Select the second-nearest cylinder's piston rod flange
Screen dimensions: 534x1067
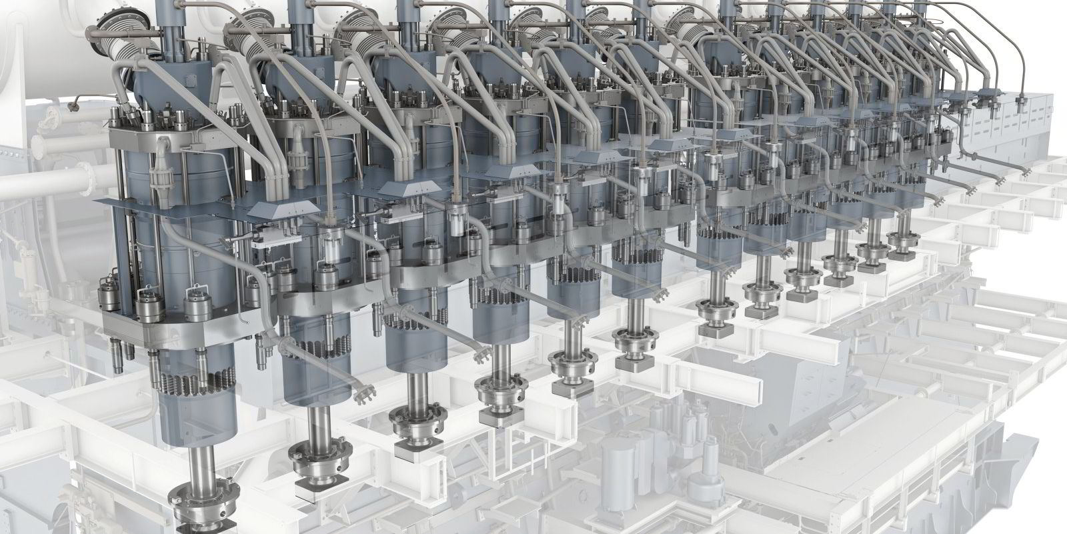[x=315, y=462]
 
